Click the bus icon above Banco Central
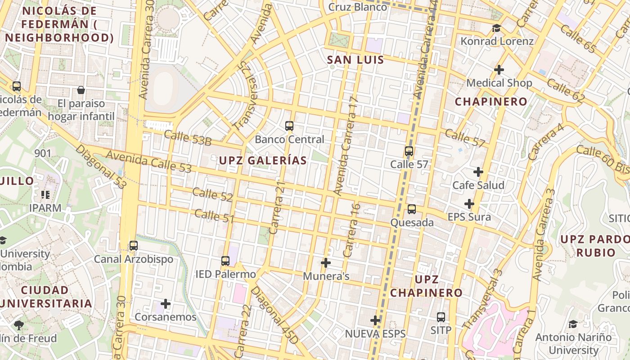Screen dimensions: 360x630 (x=289, y=126)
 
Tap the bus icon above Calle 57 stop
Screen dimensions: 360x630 (x=409, y=151)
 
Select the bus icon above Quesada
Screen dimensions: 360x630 (x=412, y=209)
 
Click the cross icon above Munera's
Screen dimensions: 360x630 (x=326, y=262)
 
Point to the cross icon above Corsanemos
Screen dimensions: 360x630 (x=166, y=304)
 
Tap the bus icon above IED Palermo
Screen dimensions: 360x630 (x=225, y=261)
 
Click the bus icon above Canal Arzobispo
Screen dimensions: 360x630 (x=133, y=246)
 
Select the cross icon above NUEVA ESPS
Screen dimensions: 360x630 (x=375, y=320)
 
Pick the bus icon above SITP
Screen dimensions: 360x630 (x=441, y=317)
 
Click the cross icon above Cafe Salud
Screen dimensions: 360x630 (x=478, y=172)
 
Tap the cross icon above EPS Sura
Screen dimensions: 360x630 (x=469, y=204)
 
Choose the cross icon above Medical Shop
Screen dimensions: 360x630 (x=499, y=70)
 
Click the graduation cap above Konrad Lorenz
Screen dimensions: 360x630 (x=496, y=28)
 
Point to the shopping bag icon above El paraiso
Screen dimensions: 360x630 (x=81, y=90)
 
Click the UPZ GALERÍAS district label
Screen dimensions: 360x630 (x=263, y=160)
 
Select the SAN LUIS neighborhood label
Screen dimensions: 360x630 (x=355, y=60)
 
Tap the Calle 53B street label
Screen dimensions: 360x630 (x=188, y=138)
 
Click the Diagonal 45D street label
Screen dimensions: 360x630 (x=274, y=315)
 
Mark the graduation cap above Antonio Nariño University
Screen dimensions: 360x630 (x=573, y=324)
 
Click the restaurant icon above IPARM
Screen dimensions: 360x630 (x=45, y=195)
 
